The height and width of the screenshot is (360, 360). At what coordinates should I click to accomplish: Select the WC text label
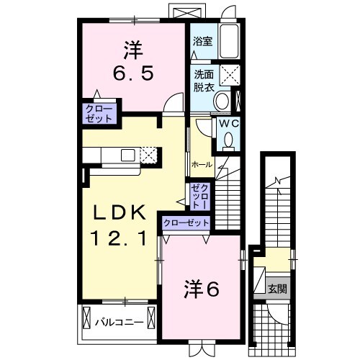click(x=228, y=123)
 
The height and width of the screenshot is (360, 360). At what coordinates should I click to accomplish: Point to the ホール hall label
click(x=202, y=165)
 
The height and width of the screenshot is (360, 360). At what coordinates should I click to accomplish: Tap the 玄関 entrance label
click(x=278, y=289)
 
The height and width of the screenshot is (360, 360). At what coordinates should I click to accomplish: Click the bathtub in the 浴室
click(x=230, y=42)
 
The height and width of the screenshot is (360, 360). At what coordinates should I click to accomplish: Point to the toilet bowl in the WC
click(x=229, y=141)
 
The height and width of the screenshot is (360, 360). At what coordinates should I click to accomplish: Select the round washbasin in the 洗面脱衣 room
click(x=223, y=100)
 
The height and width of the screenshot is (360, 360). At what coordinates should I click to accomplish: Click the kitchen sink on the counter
click(x=127, y=154)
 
